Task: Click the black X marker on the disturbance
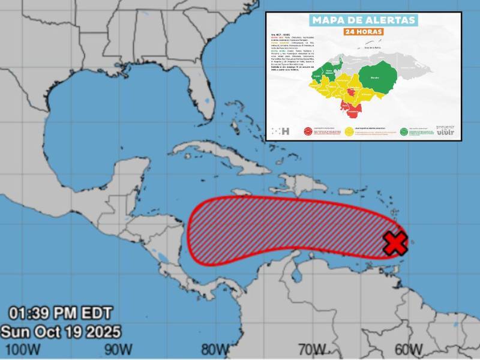coord(395,242)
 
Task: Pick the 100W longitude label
coord(21,349)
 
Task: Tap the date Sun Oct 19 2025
coord(61,331)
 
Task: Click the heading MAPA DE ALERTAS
coord(364,20)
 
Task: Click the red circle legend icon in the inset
coord(308,131)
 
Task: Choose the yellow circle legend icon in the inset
coord(349,131)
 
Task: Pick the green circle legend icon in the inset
coord(404,131)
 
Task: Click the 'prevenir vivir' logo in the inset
coord(445,130)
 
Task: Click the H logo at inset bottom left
coord(280,131)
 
